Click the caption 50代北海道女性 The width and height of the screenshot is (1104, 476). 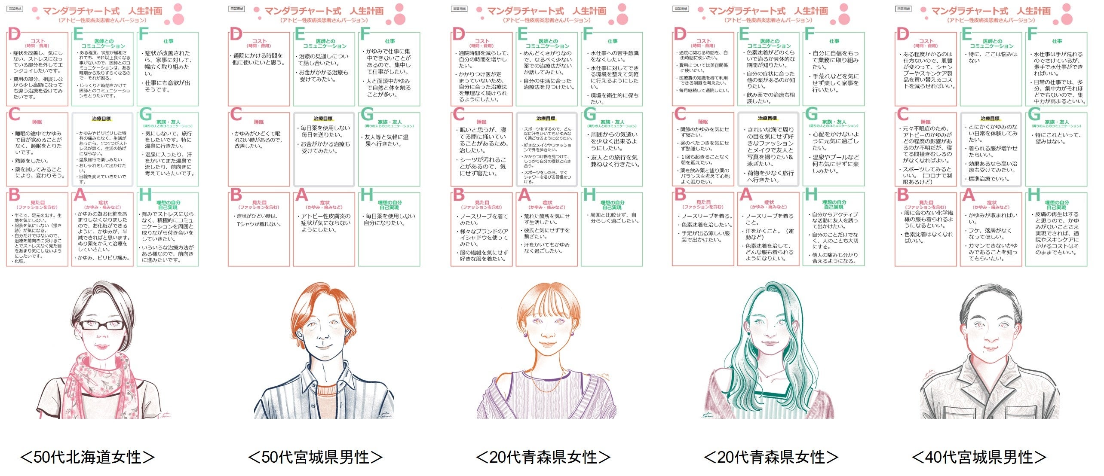87,457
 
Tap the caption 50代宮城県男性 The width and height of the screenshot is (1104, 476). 315,457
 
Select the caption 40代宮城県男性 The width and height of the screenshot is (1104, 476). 978,457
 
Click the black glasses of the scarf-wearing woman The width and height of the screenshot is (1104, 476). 102,325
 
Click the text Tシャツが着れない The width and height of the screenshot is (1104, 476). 259,224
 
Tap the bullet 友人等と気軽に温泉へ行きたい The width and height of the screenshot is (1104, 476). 387,140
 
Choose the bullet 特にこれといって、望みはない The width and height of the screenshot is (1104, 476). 1057,138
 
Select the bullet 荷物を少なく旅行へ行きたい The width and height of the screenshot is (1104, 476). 770,177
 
